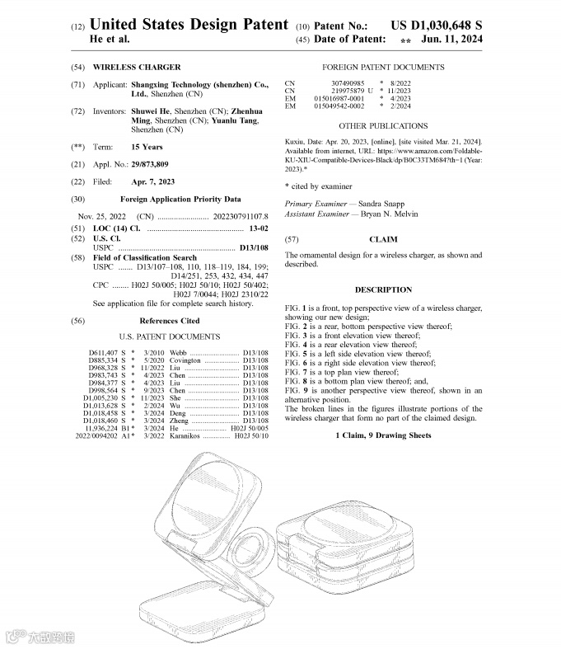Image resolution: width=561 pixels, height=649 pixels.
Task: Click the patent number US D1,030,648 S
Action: click(x=437, y=26)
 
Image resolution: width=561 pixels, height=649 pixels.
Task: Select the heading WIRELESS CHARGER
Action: click(x=137, y=67)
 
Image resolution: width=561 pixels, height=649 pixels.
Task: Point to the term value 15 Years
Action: click(x=147, y=147)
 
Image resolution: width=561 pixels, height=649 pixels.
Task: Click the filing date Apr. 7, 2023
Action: click(x=153, y=181)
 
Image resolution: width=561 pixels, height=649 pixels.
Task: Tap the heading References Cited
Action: click(x=169, y=320)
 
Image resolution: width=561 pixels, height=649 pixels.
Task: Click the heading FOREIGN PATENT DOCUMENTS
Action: click(x=383, y=67)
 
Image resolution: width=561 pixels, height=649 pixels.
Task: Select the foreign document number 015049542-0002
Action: click(x=339, y=106)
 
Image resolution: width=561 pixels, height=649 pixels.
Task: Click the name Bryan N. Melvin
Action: click(x=388, y=214)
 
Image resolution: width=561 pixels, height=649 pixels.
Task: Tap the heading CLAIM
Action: click(x=383, y=239)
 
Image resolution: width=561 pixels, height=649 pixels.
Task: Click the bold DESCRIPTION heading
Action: click(x=383, y=289)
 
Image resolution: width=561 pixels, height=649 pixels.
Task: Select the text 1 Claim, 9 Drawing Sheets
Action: click(x=383, y=435)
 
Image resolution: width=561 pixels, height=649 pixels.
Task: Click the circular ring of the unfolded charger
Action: click(x=250, y=547)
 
